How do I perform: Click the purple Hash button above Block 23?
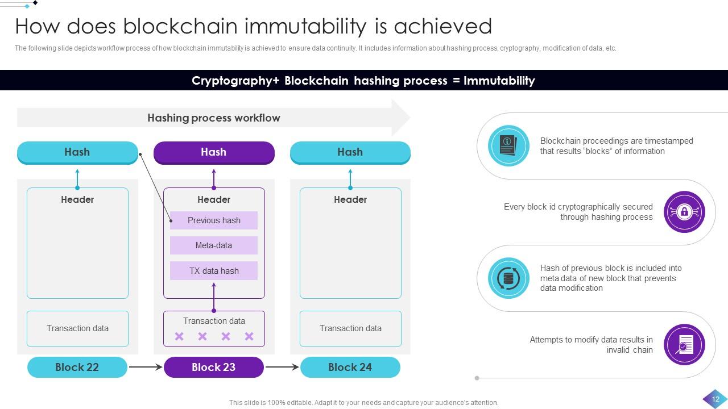point(214,152)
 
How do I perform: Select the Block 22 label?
point(77,368)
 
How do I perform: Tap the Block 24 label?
point(350,368)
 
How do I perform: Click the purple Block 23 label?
point(214,368)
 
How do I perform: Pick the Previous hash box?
point(214,220)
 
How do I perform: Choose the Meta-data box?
point(214,245)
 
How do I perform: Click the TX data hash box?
point(214,271)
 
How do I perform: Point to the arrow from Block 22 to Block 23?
point(146,368)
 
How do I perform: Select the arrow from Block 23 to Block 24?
point(282,368)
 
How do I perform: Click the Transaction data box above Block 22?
point(77,328)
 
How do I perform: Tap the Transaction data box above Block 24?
point(350,328)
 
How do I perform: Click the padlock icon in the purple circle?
point(684,212)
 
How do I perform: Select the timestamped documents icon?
point(508,146)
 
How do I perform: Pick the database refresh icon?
point(508,278)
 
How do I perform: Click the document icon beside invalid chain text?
point(684,344)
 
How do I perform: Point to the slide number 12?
point(715,399)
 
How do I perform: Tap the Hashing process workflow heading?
point(214,118)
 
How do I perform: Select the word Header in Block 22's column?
point(77,200)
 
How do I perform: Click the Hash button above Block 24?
point(350,152)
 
